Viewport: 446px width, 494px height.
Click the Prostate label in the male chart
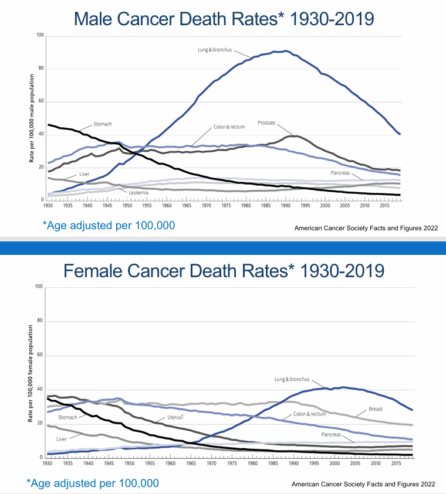[267, 123]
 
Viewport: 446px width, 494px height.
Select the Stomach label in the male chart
[103, 124]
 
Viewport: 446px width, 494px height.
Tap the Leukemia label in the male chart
[138, 192]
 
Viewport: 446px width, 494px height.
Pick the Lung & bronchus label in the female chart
[292, 379]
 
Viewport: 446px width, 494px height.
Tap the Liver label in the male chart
[85, 174]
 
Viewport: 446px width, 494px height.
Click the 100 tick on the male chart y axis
[40, 36]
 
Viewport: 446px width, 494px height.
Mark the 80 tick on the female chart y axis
[41, 321]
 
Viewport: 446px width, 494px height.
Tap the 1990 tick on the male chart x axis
[285, 206]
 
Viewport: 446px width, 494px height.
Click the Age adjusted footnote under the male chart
[109, 225]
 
